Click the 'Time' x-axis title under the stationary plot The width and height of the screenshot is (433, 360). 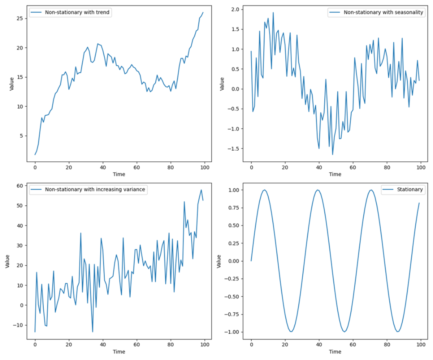(335, 351)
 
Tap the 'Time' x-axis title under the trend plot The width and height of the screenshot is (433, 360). (119, 174)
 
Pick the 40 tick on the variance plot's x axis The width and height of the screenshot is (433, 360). (103, 344)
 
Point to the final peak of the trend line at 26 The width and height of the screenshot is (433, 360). (203, 12)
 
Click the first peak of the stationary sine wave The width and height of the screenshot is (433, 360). (265, 190)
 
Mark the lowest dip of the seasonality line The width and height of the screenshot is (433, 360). (333, 155)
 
